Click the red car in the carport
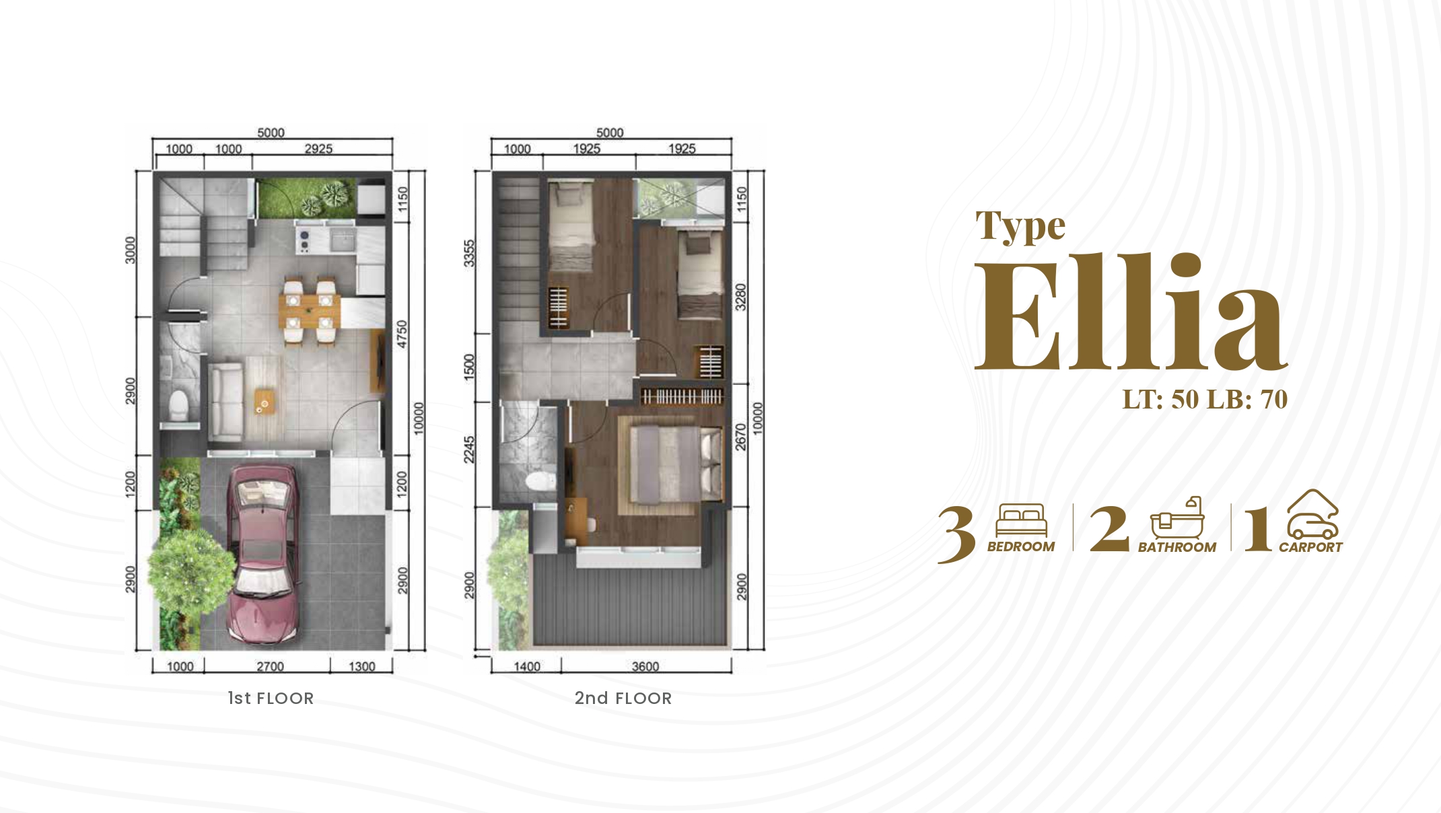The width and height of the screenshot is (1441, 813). coord(263,553)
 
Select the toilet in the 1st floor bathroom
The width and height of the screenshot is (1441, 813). coord(179,404)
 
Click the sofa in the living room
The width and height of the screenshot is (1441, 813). coord(225,402)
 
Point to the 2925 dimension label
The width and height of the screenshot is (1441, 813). coord(318,149)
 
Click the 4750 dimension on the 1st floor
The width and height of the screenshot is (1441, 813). coord(402,334)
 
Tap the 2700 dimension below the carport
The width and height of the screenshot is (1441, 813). coord(270,666)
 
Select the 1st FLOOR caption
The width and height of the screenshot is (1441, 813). coord(271,698)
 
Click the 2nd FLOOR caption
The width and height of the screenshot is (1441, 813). coord(623,698)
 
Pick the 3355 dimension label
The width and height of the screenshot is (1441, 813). coord(469,253)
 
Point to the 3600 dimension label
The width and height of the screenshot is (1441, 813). coord(645,666)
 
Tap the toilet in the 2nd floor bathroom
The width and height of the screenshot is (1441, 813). coord(540,482)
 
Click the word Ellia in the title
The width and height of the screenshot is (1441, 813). coord(1131,311)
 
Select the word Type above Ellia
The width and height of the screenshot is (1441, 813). coord(1021,226)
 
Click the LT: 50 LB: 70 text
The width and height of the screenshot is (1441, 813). coord(1205,399)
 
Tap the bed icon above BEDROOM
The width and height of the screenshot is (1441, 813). coord(1022,520)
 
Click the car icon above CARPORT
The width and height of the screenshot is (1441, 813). coord(1312,515)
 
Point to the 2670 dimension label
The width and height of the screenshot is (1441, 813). coord(741,437)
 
